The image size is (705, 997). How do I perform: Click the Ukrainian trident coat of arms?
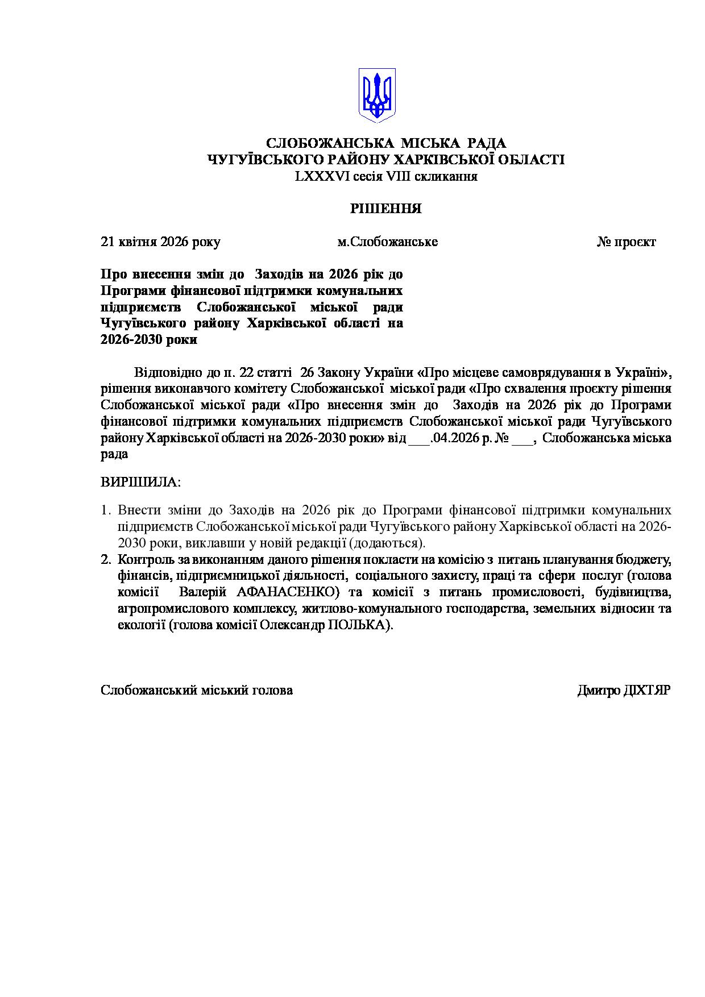point(376,95)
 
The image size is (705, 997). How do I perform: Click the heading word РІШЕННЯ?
point(385,209)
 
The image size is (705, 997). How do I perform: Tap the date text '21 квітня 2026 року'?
point(160,242)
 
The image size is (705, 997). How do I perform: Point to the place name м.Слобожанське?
point(387,242)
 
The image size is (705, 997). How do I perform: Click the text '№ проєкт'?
point(626,242)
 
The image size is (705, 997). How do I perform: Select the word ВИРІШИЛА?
point(140,483)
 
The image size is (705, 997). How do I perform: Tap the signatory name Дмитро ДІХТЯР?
point(624,690)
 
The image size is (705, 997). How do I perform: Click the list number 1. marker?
point(106,510)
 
